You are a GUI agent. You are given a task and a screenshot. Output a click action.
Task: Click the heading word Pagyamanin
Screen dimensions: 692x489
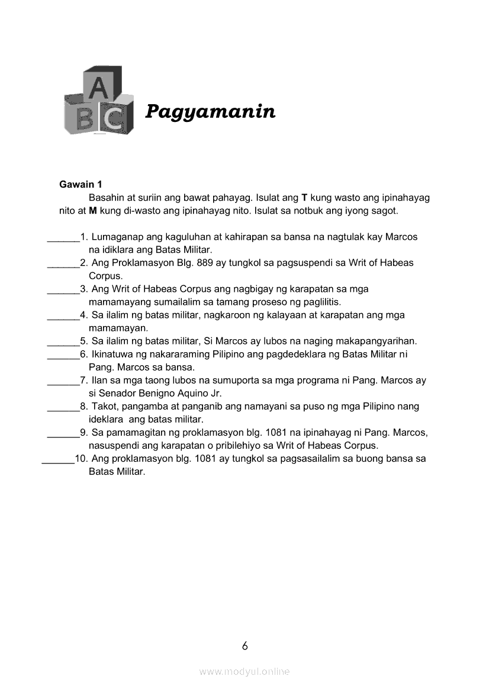coord(210,111)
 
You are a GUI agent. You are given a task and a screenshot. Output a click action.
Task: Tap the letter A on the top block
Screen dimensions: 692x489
coord(101,88)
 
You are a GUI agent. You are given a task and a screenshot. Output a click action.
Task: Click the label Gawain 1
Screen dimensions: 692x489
coord(81,185)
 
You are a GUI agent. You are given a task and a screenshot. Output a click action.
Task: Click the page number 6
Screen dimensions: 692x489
coord(244,646)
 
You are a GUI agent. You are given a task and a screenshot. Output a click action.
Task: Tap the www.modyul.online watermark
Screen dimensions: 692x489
coord(244,671)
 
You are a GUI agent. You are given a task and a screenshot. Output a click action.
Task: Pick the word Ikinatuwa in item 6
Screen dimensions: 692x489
coord(111,354)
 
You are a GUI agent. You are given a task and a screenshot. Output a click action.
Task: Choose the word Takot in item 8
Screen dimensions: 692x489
coord(104,407)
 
